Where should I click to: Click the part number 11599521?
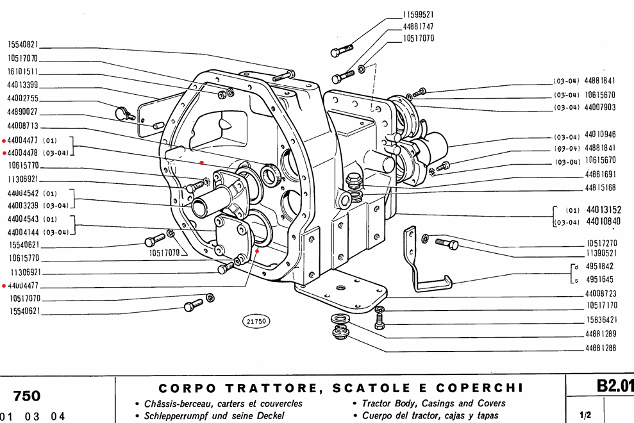419,14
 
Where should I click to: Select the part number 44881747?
419,26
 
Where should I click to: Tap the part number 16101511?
23,72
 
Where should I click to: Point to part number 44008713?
23,126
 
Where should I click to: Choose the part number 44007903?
600,108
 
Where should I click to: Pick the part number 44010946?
600,135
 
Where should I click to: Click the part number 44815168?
600,188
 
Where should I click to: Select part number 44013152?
605,209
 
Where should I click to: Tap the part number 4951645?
600,279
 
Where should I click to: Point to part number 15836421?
601,319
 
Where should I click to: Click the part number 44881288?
600,348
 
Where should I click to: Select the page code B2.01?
614,386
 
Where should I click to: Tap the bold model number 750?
27,395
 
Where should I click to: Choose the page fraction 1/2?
584,415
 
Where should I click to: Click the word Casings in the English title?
442,403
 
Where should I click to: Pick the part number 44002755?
23,99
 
